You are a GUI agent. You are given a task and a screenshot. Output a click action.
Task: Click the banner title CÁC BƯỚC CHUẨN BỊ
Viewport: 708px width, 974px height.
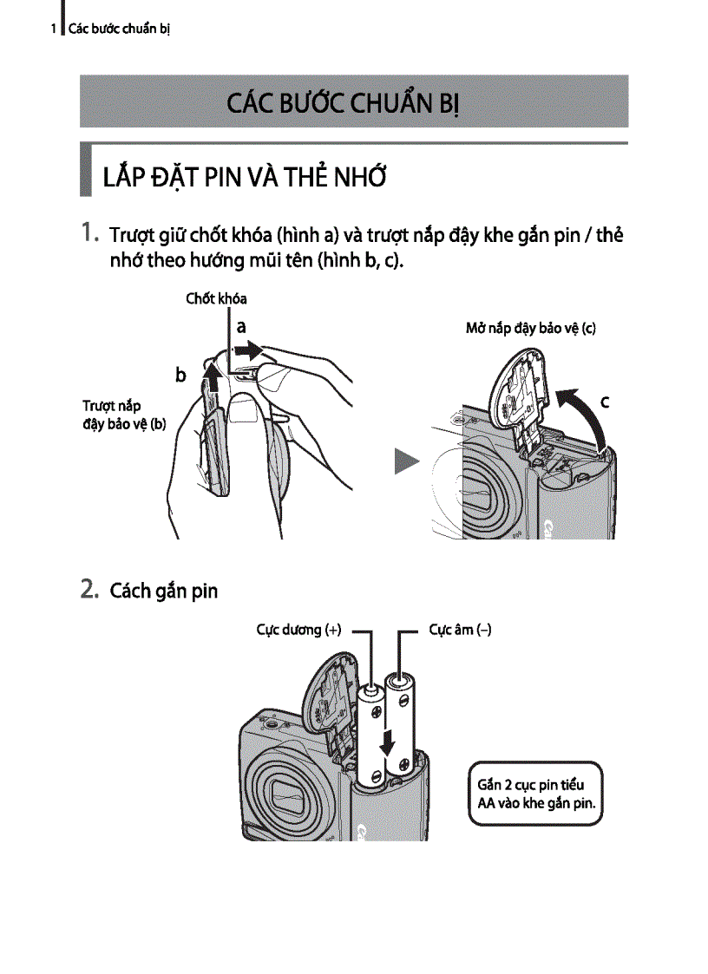343,102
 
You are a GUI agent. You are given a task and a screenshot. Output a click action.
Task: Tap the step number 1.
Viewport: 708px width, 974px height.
89,233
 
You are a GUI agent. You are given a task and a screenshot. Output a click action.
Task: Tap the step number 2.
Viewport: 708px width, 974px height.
89,590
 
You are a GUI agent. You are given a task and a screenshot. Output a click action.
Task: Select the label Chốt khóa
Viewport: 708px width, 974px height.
216,298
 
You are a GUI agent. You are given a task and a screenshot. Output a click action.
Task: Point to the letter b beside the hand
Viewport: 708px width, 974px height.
180,375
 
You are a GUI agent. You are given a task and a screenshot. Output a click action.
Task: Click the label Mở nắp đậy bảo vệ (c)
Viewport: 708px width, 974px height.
530,329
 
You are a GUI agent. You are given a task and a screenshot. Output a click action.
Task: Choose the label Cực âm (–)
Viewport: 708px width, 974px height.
460,631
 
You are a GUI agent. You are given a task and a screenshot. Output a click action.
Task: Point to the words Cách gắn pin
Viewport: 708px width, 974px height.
164,592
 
